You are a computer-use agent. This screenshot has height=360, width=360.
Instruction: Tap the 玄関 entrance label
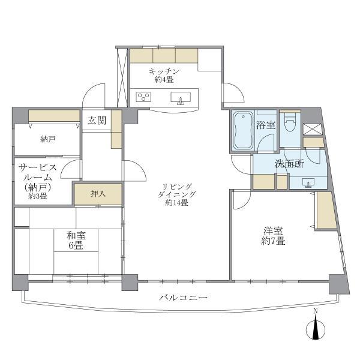click(x=97, y=121)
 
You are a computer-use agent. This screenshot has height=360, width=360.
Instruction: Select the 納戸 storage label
click(x=48, y=139)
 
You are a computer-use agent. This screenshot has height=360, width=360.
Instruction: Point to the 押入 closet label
click(x=98, y=194)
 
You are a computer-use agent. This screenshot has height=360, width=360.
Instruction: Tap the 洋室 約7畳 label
click(x=273, y=236)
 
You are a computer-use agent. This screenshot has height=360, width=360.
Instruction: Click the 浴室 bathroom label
click(x=266, y=125)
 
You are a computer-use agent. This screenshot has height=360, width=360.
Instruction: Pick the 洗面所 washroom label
click(x=289, y=163)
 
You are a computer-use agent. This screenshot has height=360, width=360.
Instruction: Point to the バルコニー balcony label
click(x=183, y=298)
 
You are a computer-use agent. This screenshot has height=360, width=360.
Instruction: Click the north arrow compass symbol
click(x=316, y=329)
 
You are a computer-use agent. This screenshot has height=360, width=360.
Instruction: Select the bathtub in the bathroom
click(x=243, y=131)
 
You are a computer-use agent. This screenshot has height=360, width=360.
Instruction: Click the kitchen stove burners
click(x=145, y=96)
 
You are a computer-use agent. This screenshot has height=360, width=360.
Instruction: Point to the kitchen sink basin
click(x=182, y=97)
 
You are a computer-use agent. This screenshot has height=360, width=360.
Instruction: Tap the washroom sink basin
click(x=308, y=182)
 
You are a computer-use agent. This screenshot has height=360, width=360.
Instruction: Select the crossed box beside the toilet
click(x=312, y=128)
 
